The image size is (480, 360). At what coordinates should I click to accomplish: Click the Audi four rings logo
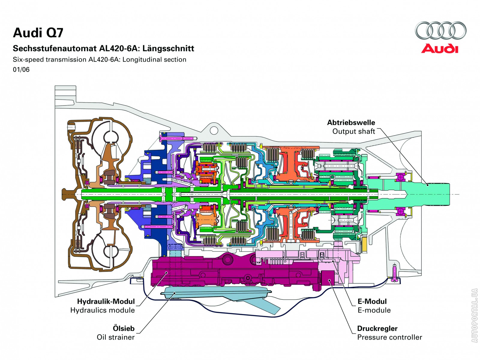440,30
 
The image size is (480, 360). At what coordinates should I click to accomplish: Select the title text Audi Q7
38,33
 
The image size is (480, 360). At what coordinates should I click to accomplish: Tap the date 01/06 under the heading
21,70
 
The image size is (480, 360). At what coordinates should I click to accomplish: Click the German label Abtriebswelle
351,122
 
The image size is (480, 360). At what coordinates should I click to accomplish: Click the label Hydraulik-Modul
106,301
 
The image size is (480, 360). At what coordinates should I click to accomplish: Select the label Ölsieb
123,328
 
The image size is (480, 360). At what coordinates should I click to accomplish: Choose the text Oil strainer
115,337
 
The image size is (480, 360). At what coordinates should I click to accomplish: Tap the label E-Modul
372,301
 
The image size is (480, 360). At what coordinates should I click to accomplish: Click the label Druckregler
377,328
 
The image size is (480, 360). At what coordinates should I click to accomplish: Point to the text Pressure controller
389,337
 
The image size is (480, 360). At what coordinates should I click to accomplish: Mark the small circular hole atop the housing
214,130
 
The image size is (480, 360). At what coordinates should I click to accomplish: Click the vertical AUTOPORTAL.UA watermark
474,315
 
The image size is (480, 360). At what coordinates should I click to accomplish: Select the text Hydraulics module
102,310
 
